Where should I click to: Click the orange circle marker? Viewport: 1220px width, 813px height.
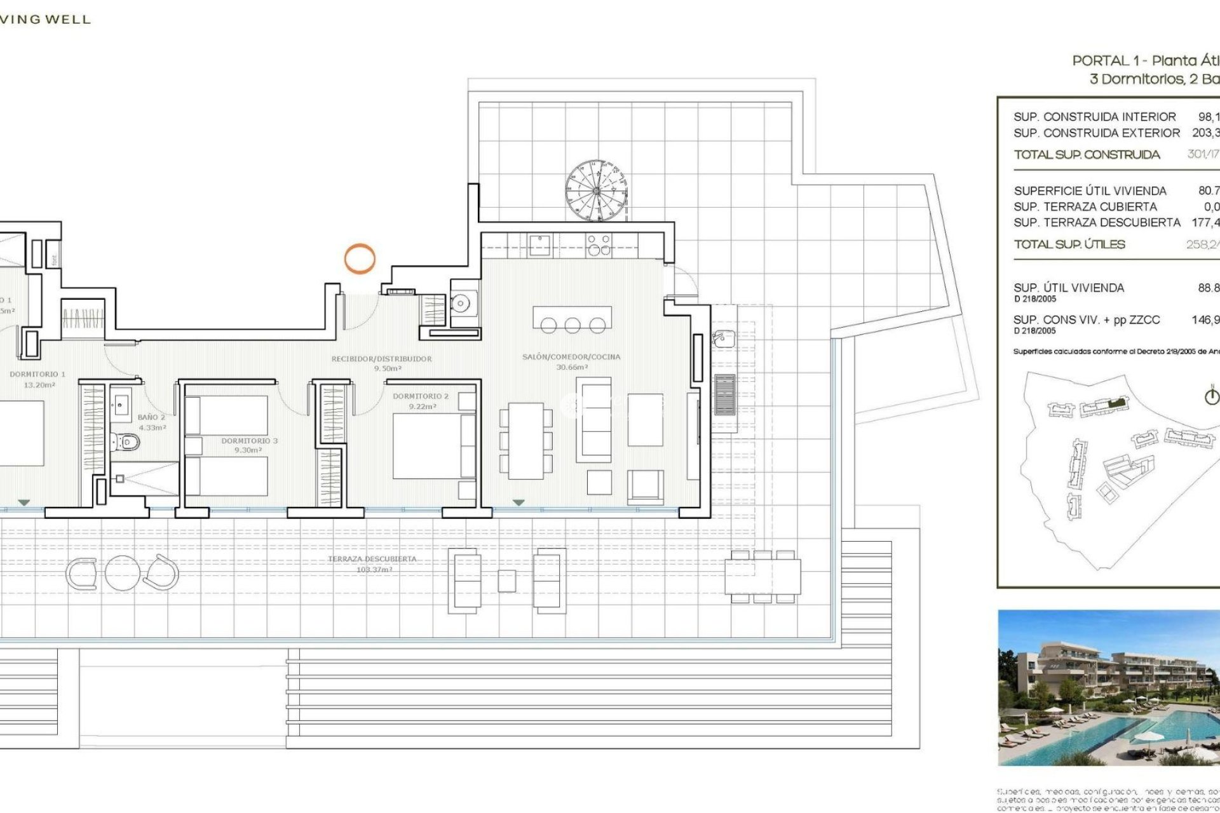coord(360,259)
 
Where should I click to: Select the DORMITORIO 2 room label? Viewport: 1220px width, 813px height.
coord(421,396)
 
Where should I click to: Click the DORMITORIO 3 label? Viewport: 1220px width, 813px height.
coord(249,441)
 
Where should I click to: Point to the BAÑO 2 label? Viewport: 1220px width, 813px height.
coord(151,418)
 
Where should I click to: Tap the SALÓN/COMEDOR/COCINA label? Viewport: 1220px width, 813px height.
coord(571,357)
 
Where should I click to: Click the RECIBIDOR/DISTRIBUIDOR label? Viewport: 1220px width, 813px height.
coord(381,359)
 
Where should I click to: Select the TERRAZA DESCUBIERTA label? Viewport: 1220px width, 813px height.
coord(372,560)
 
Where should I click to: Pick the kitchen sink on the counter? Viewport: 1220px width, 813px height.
coord(540,244)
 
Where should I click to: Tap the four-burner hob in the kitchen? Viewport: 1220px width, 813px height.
coord(599,245)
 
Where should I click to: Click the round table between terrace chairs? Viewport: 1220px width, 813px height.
coord(123,573)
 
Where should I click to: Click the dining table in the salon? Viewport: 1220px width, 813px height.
coord(525,441)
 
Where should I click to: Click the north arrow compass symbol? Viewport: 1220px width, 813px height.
coord(1212,396)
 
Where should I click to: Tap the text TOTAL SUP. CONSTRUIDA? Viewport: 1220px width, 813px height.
coord(1087,155)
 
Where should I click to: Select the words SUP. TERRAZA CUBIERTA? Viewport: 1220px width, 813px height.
coord(1085,207)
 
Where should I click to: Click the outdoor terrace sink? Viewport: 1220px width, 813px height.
coord(722,339)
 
